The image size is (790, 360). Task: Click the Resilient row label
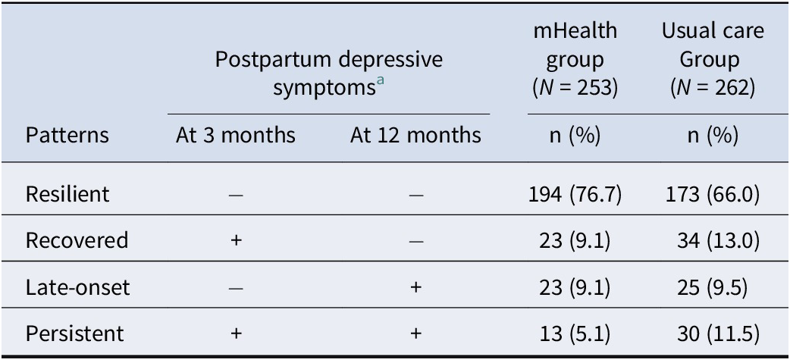tap(67, 195)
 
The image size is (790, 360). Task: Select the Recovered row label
tap(76, 240)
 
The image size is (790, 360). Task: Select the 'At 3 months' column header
tap(235, 136)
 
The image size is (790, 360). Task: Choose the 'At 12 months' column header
tap(415, 136)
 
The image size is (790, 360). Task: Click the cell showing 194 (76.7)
tap(573, 195)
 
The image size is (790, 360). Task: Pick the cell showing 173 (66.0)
tap(712, 195)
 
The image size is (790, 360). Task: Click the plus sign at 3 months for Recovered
tap(236, 241)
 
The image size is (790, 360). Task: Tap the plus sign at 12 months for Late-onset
tap(415, 287)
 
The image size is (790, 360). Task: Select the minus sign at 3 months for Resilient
tap(236, 195)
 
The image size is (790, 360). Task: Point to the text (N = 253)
tap(573, 87)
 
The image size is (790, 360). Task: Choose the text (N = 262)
tap(712, 87)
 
